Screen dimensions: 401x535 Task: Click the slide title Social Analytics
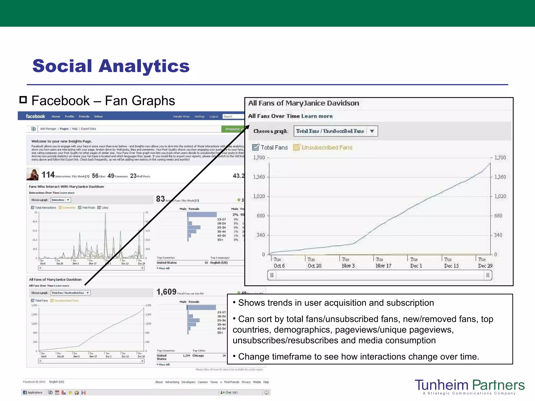point(111,66)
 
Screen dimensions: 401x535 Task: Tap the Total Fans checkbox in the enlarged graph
point(255,148)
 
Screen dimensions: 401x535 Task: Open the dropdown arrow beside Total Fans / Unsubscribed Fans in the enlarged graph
point(372,131)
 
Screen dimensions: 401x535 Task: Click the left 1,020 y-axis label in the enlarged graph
point(259,196)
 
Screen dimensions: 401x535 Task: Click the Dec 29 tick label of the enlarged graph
point(485,266)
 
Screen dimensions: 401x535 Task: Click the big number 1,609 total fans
point(166,292)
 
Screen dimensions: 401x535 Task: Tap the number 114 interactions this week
point(48,175)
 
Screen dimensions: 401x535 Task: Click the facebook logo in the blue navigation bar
point(35,116)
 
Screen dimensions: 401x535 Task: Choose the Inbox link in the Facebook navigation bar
point(98,116)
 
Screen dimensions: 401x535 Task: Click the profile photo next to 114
point(33,174)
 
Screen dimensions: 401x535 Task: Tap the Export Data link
point(88,129)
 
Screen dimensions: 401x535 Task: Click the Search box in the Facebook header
point(233,116)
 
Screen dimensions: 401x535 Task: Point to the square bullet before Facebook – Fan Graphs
point(23,100)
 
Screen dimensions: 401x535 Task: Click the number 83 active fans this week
point(160,199)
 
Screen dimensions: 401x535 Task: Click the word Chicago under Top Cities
point(198,356)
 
